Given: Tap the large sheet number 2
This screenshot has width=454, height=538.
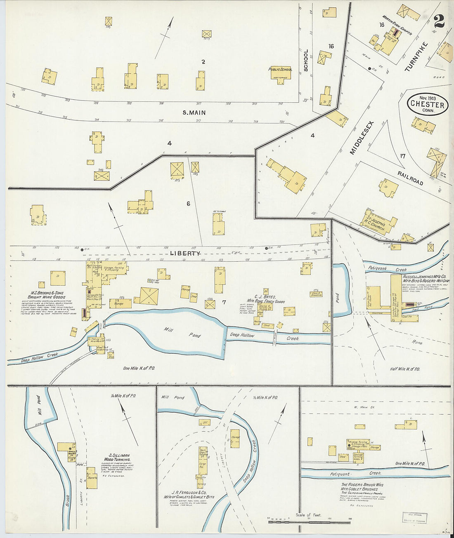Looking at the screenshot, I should tap(439, 21).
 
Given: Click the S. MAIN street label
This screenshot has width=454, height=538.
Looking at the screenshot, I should tap(194, 113).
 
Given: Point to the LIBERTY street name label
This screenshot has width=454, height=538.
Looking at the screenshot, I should tap(185, 254).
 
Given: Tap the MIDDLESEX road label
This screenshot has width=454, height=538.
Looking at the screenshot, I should tap(361, 138).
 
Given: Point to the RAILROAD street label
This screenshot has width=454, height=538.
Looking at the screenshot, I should tap(410, 178).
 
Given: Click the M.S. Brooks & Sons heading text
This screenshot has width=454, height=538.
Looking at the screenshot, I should tap(47, 295).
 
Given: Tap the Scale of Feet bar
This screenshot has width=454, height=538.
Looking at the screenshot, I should tap(309, 522).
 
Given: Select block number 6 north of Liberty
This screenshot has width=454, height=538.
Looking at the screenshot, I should tap(188, 203).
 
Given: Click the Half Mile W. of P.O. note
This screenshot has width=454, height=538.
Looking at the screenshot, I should tap(405, 369).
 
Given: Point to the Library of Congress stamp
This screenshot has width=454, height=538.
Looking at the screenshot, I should tap(415, 518).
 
